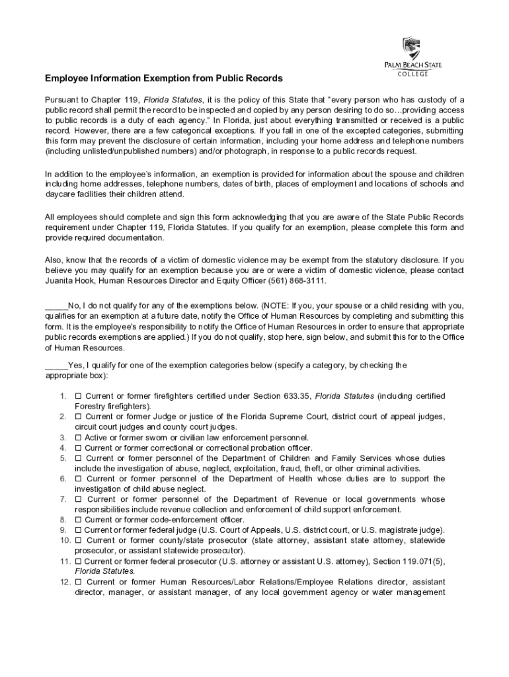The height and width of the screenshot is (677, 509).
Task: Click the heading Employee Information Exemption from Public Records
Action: pyautogui.click(x=163, y=79)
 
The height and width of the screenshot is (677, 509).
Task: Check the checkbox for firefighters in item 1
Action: pyautogui.click(x=78, y=396)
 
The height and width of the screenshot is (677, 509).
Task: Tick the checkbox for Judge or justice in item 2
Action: pyautogui.click(x=78, y=417)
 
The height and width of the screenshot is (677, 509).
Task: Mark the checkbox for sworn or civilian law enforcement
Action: pyautogui.click(x=78, y=438)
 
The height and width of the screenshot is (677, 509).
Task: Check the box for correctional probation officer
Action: pyautogui.click(x=78, y=448)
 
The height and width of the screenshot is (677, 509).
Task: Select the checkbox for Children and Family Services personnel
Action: pyautogui.click(x=78, y=458)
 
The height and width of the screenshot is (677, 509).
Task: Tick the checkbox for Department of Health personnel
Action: pyautogui.click(x=78, y=479)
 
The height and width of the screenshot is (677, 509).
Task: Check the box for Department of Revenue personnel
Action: pyautogui.click(x=78, y=499)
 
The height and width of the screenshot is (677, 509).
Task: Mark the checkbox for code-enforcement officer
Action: pyautogui.click(x=78, y=520)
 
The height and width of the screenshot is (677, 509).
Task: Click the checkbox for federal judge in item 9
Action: pyautogui.click(x=78, y=530)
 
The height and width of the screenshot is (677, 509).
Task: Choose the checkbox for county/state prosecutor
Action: pyautogui.click(x=78, y=540)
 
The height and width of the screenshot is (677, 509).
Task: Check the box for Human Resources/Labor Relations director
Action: pyautogui.click(x=78, y=582)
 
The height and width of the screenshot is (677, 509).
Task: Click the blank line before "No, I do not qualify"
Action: pyautogui.click(x=56, y=306)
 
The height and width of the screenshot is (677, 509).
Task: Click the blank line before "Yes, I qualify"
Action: pyautogui.click(x=56, y=365)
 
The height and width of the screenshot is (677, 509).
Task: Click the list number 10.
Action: pyautogui.click(x=64, y=540)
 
